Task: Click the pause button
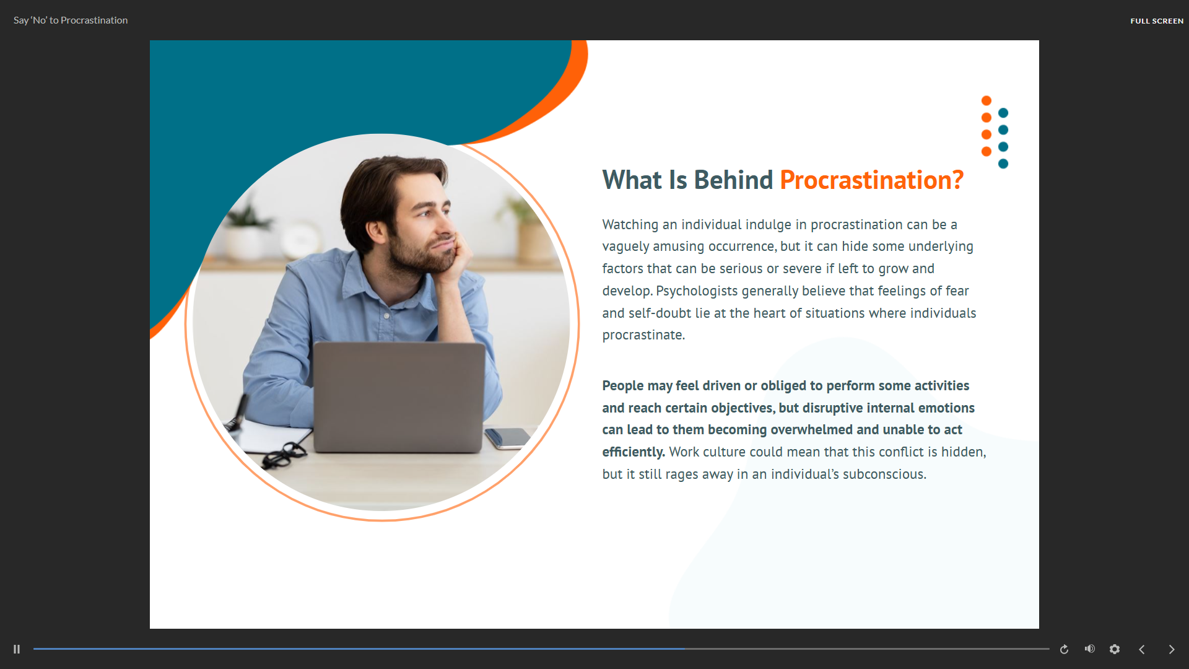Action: pyautogui.click(x=17, y=649)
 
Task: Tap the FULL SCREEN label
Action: pyautogui.click(x=1157, y=21)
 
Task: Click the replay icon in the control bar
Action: pyautogui.click(x=1064, y=649)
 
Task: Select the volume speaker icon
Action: pyautogui.click(x=1090, y=649)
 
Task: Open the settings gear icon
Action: pyautogui.click(x=1115, y=649)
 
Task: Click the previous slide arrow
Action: pyautogui.click(x=1142, y=649)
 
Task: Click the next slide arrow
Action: pyautogui.click(x=1172, y=649)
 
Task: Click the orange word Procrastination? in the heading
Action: pyautogui.click(x=871, y=180)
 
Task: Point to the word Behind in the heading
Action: pyautogui.click(x=733, y=180)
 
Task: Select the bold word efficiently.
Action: pyautogui.click(x=634, y=452)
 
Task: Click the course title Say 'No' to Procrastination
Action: pyautogui.click(x=71, y=20)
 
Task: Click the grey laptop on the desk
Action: pyautogui.click(x=399, y=396)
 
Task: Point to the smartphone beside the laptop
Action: pyautogui.click(x=508, y=437)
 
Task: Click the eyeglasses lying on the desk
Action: pyautogui.click(x=284, y=454)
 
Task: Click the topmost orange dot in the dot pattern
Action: pyautogui.click(x=986, y=101)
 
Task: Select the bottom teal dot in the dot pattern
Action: pyautogui.click(x=1003, y=164)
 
